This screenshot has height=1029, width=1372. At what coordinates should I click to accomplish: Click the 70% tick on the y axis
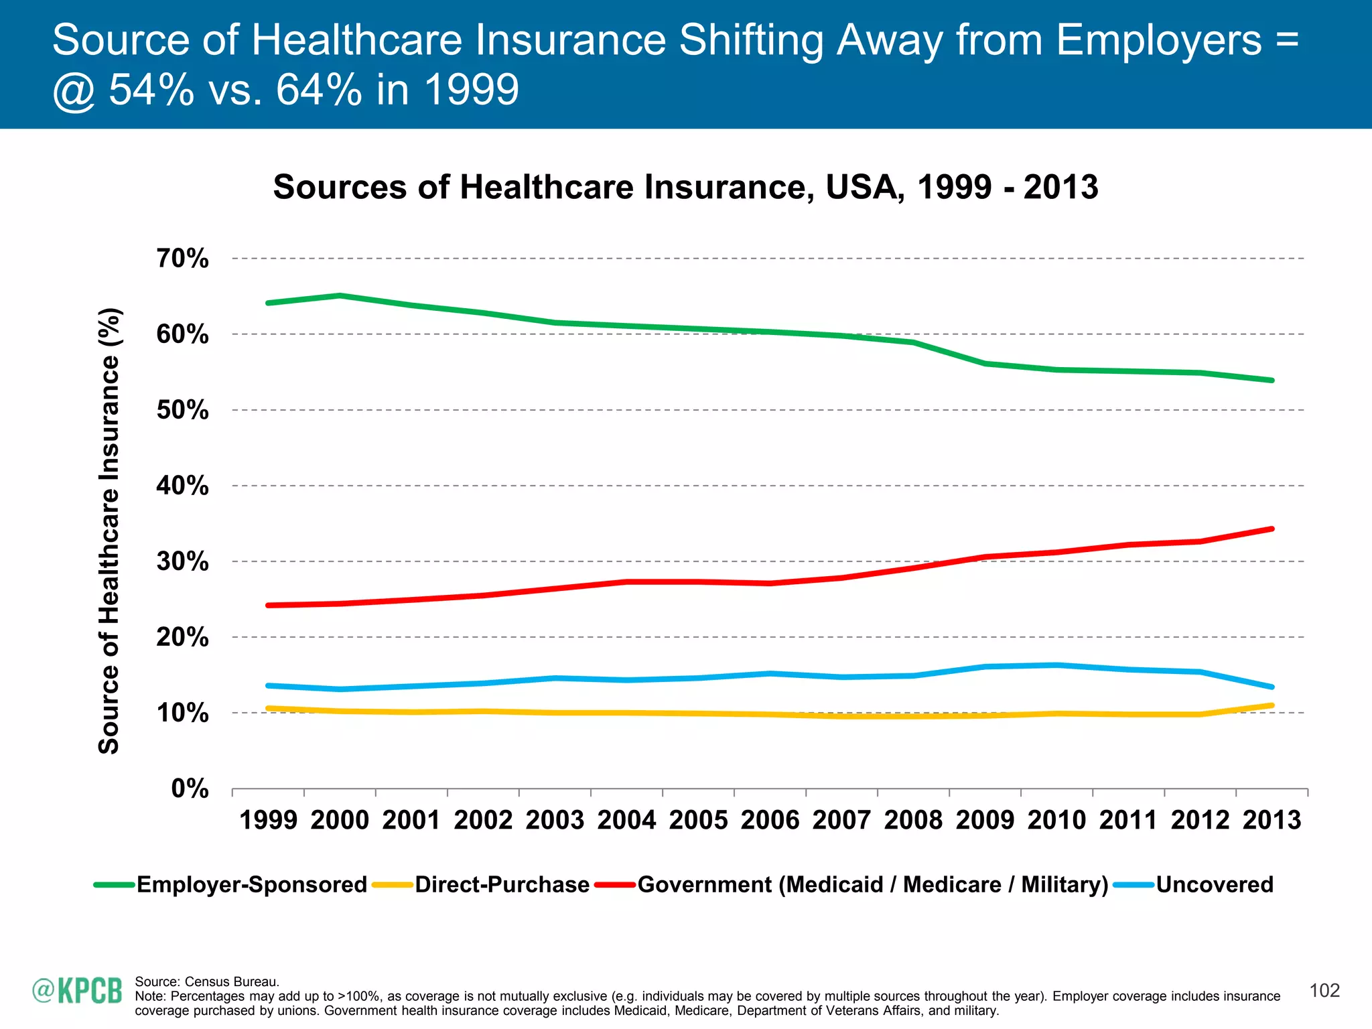(182, 259)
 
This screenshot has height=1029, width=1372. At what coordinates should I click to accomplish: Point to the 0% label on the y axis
(190, 788)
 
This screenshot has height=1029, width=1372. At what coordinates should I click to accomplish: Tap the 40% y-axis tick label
(182, 486)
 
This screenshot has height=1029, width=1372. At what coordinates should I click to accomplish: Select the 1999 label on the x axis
(268, 821)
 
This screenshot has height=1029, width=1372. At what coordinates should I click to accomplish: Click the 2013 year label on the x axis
(1272, 821)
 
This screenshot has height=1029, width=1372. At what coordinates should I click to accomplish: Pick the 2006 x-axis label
(770, 821)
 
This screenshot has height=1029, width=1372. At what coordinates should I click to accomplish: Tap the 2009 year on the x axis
(985, 821)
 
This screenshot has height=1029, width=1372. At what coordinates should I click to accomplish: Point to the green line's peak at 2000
(340, 295)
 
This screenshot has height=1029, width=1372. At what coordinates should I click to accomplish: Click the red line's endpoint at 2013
(1272, 529)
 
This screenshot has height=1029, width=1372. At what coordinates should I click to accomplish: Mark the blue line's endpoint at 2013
(1272, 687)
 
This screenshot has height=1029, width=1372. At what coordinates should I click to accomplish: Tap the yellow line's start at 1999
(268, 708)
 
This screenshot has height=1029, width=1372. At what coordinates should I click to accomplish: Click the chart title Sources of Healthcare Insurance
(685, 187)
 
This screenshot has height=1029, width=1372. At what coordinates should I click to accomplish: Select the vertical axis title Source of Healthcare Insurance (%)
(109, 531)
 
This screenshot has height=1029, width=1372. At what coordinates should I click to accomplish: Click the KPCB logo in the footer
(78, 991)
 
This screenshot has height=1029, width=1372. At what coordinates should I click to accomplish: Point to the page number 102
(1324, 991)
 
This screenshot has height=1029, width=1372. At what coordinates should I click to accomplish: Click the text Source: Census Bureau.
(207, 982)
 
